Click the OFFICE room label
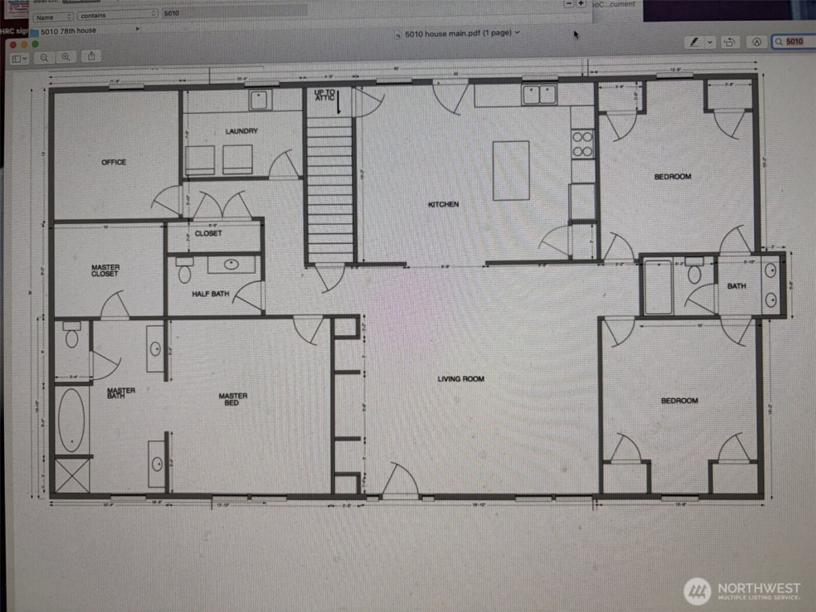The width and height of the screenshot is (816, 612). [x=114, y=162]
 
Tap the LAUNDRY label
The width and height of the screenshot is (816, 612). [x=241, y=131]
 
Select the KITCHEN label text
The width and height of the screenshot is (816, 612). [x=443, y=205]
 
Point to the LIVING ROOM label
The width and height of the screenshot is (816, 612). [x=460, y=379]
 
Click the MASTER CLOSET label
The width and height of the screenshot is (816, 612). [x=105, y=270]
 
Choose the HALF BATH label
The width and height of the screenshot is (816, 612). [x=210, y=294]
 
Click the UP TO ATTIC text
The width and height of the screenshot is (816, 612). [x=325, y=94]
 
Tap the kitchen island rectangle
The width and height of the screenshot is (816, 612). [x=511, y=170]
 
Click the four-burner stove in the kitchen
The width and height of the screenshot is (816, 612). [x=582, y=145]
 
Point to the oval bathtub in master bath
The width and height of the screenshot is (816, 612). [x=71, y=420]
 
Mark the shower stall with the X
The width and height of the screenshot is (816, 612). [x=72, y=476]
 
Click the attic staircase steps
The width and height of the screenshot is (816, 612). [x=330, y=187]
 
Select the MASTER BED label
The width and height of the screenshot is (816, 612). [x=233, y=399]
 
